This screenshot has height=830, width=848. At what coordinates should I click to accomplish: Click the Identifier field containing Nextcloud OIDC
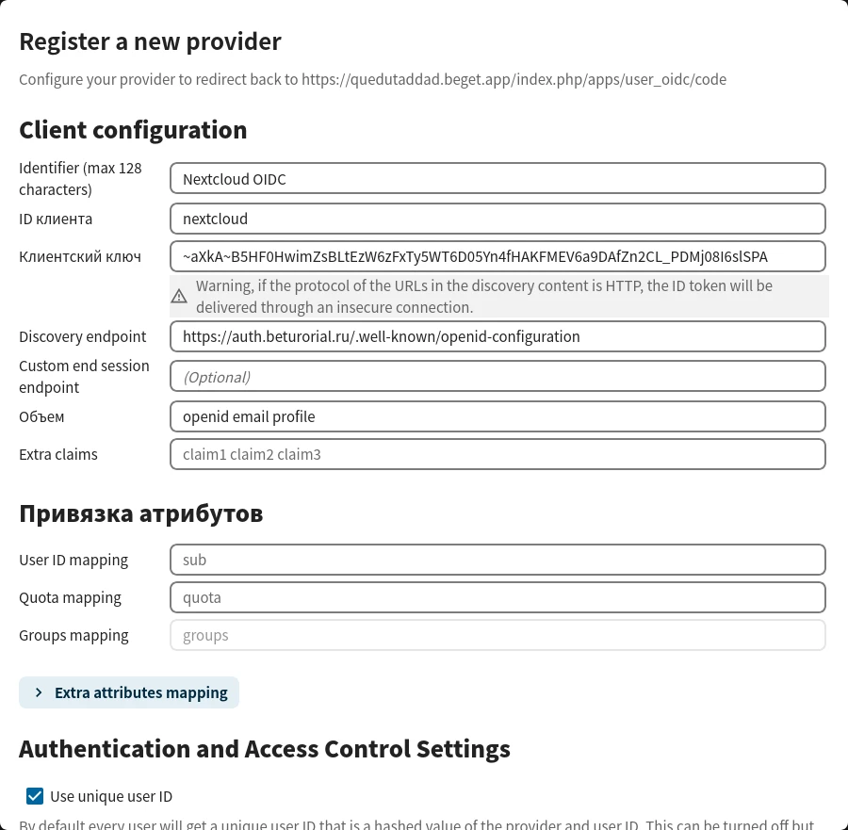point(497,178)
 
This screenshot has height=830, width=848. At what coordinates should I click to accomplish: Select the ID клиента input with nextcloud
point(497,219)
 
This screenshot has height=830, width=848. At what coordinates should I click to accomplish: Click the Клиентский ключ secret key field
point(497,256)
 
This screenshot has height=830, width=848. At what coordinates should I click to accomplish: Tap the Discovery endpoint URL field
point(497,336)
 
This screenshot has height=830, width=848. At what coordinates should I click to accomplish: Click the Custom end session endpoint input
point(497,377)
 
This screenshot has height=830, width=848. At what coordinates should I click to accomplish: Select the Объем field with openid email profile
point(497,416)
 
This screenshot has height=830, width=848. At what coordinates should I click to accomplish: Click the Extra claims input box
point(497,454)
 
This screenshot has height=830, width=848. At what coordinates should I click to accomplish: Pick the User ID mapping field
point(497,560)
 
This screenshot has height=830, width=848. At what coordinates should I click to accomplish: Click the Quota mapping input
point(497,597)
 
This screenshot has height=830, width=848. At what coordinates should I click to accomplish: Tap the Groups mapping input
point(497,635)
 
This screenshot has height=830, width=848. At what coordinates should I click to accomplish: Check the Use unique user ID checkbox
point(35,796)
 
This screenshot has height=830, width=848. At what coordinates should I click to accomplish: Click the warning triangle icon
point(179,297)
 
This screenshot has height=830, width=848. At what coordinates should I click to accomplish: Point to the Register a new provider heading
point(150,41)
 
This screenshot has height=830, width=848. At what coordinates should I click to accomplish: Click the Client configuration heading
point(133,130)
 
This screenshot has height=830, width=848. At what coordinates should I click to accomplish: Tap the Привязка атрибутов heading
point(140,513)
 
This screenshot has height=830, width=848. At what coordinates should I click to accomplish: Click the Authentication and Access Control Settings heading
point(265,749)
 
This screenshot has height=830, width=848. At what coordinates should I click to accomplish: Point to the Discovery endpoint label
point(83,336)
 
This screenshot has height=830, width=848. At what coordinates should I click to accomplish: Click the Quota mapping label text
point(71,597)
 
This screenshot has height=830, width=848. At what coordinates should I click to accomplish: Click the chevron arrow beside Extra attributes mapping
point(39,692)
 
